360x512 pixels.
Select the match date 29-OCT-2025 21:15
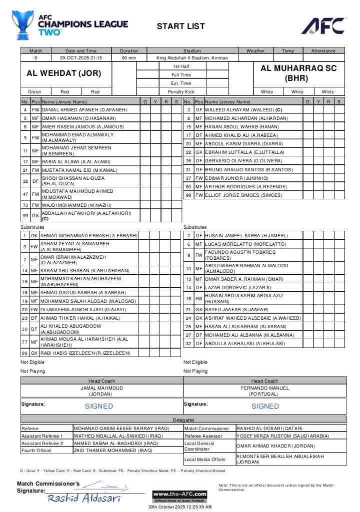click(81, 58)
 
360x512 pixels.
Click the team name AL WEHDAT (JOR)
click(63, 73)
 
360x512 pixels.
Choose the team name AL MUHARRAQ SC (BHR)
click(298, 73)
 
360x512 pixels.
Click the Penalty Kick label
click(181, 92)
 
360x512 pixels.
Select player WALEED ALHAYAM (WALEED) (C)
click(243, 109)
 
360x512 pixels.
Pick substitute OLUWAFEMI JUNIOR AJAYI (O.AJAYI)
click(83, 310)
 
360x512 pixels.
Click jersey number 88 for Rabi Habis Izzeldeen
click(25, 353)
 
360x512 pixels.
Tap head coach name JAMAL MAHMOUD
click(101, 388)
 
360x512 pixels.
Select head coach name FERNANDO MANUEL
click(264, 388)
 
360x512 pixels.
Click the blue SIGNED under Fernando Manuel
click(265, 406)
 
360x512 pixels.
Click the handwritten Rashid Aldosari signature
click(84, 498)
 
